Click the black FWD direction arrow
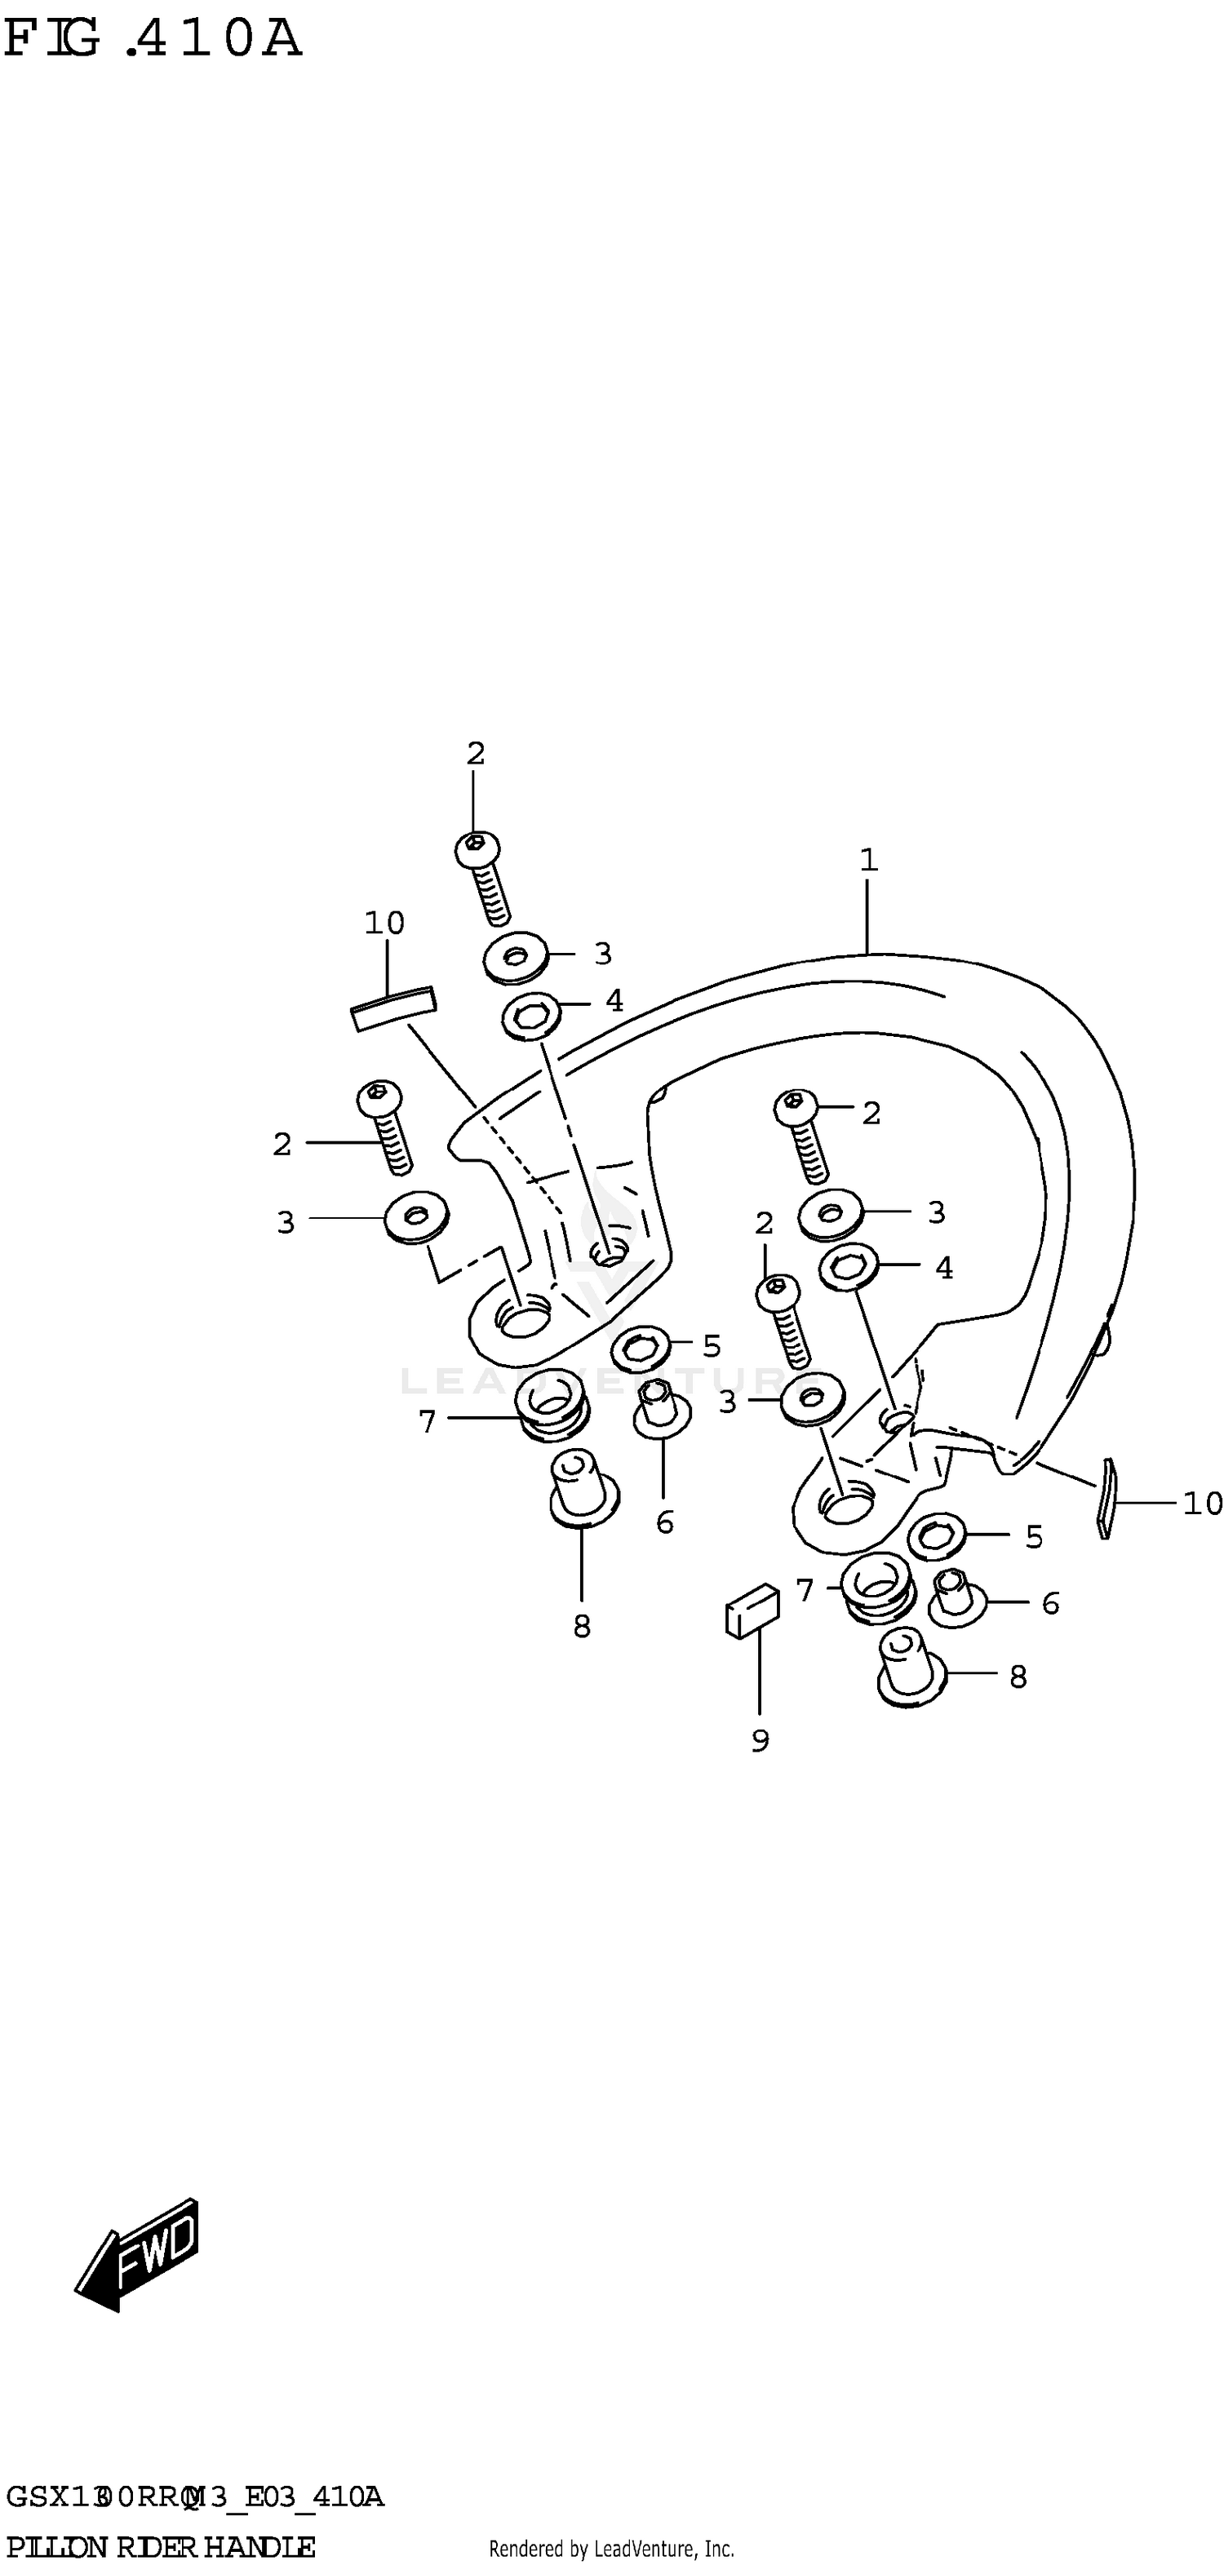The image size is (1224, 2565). click(137, 2254)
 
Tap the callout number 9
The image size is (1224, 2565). click(760, 1740)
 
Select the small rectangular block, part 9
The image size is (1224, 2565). click(752, 1610)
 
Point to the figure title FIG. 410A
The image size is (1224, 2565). click(153, 40)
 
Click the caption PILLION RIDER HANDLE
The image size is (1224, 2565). click(159, 2546)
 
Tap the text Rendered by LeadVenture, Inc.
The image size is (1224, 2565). click(611, 2548)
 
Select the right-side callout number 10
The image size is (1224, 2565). click(1202, 1503)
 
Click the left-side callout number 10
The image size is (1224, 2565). click(384, 923)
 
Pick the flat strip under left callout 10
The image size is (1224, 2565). click(393, 1008)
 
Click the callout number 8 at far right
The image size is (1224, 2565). click(1018, 1677)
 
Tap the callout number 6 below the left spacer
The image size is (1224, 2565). click(665, 1522)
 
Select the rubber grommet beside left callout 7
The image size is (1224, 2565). click(552, 1402)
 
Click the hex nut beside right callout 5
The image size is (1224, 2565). click(936, 1536)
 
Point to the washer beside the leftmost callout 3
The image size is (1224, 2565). click(416, 1216)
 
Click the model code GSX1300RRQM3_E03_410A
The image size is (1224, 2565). click(194, 2496)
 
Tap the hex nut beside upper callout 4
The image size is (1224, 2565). click(532, 1016)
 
